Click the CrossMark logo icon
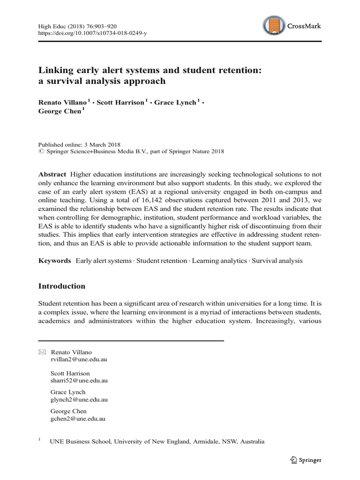click(x=275, y=26)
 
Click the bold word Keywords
click(x=54, y=261)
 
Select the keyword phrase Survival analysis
click(x=277, y=261)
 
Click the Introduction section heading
click(x=62, y=286)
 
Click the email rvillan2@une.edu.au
click(x=79, y=360)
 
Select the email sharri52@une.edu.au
click(x=79, y=381)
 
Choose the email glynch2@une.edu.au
click(x=79, y=400)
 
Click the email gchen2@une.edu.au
click(x=77, y=419)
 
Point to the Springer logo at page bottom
click(x=306, y=460)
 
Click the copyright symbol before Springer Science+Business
click(x=41, y=152)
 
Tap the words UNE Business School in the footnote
click(x=80, y=442)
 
